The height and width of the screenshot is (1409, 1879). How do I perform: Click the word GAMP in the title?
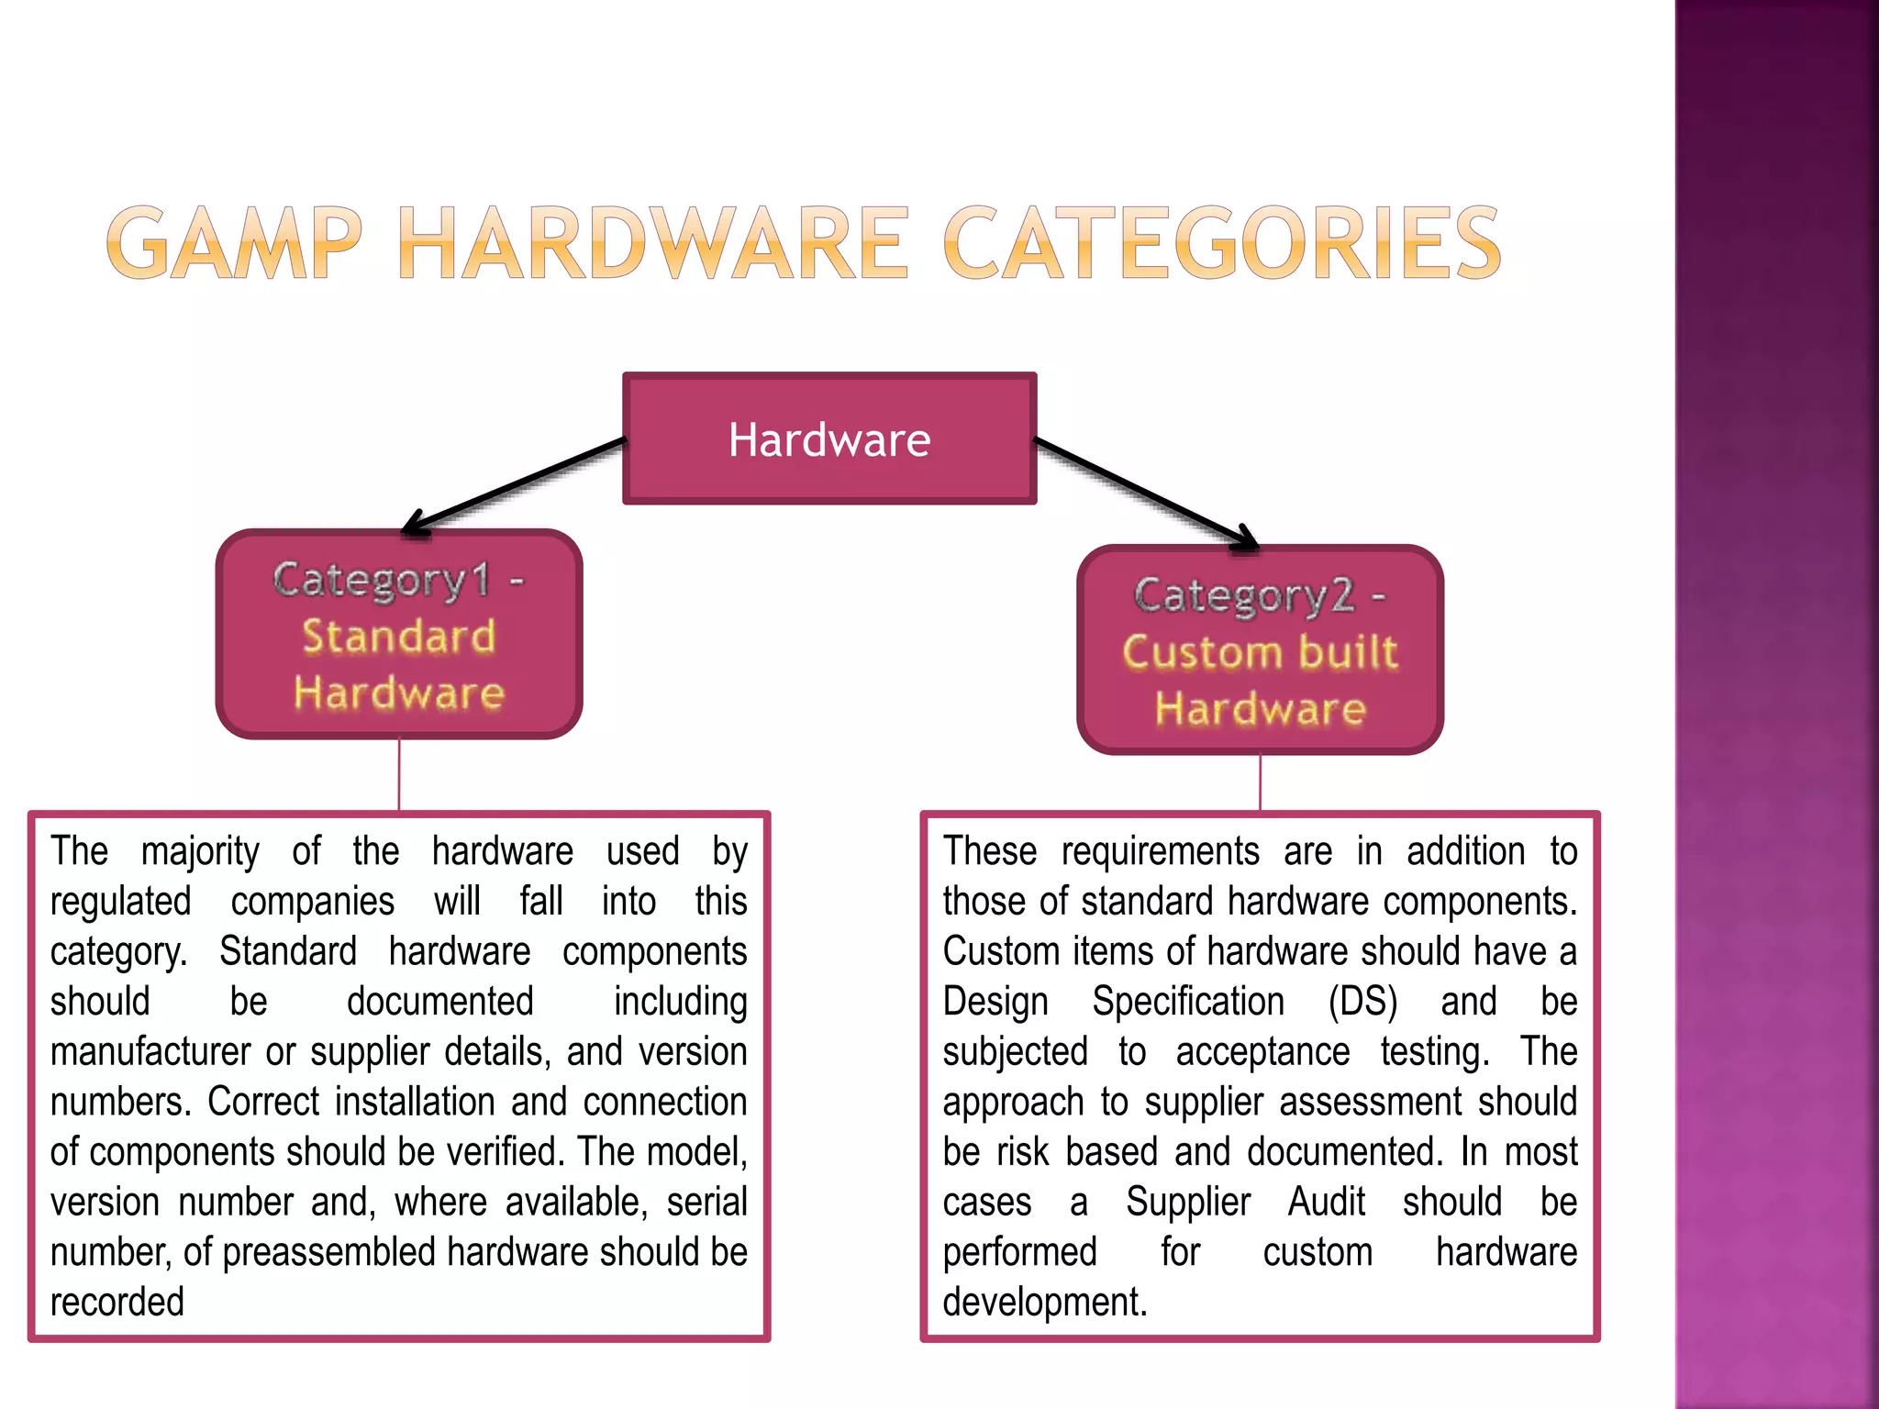[234, 243]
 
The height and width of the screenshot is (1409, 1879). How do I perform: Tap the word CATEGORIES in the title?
[1222, 243]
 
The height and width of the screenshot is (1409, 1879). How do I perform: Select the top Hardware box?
[829, 439]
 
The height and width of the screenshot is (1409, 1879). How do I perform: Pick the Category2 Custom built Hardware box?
[1260, 650]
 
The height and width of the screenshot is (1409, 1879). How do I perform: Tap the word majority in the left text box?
[200, 852]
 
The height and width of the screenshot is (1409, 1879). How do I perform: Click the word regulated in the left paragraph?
[120, 902]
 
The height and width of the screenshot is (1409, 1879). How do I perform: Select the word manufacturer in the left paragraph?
[150, 1052]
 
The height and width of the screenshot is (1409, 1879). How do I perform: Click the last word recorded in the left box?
[117, 1303]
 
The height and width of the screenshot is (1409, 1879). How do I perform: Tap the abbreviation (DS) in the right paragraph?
[1363, 1002]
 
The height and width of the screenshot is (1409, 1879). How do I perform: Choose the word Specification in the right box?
[1188, 1002]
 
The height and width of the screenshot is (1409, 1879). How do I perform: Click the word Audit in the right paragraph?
[1327, 1203]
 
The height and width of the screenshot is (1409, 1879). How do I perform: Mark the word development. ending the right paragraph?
[1045, 1303]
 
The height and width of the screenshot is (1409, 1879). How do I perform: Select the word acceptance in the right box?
[1262, 1052]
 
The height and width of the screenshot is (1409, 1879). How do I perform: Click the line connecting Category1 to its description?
[399, 775]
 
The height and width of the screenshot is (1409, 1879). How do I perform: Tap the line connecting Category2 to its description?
[1260, 783]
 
